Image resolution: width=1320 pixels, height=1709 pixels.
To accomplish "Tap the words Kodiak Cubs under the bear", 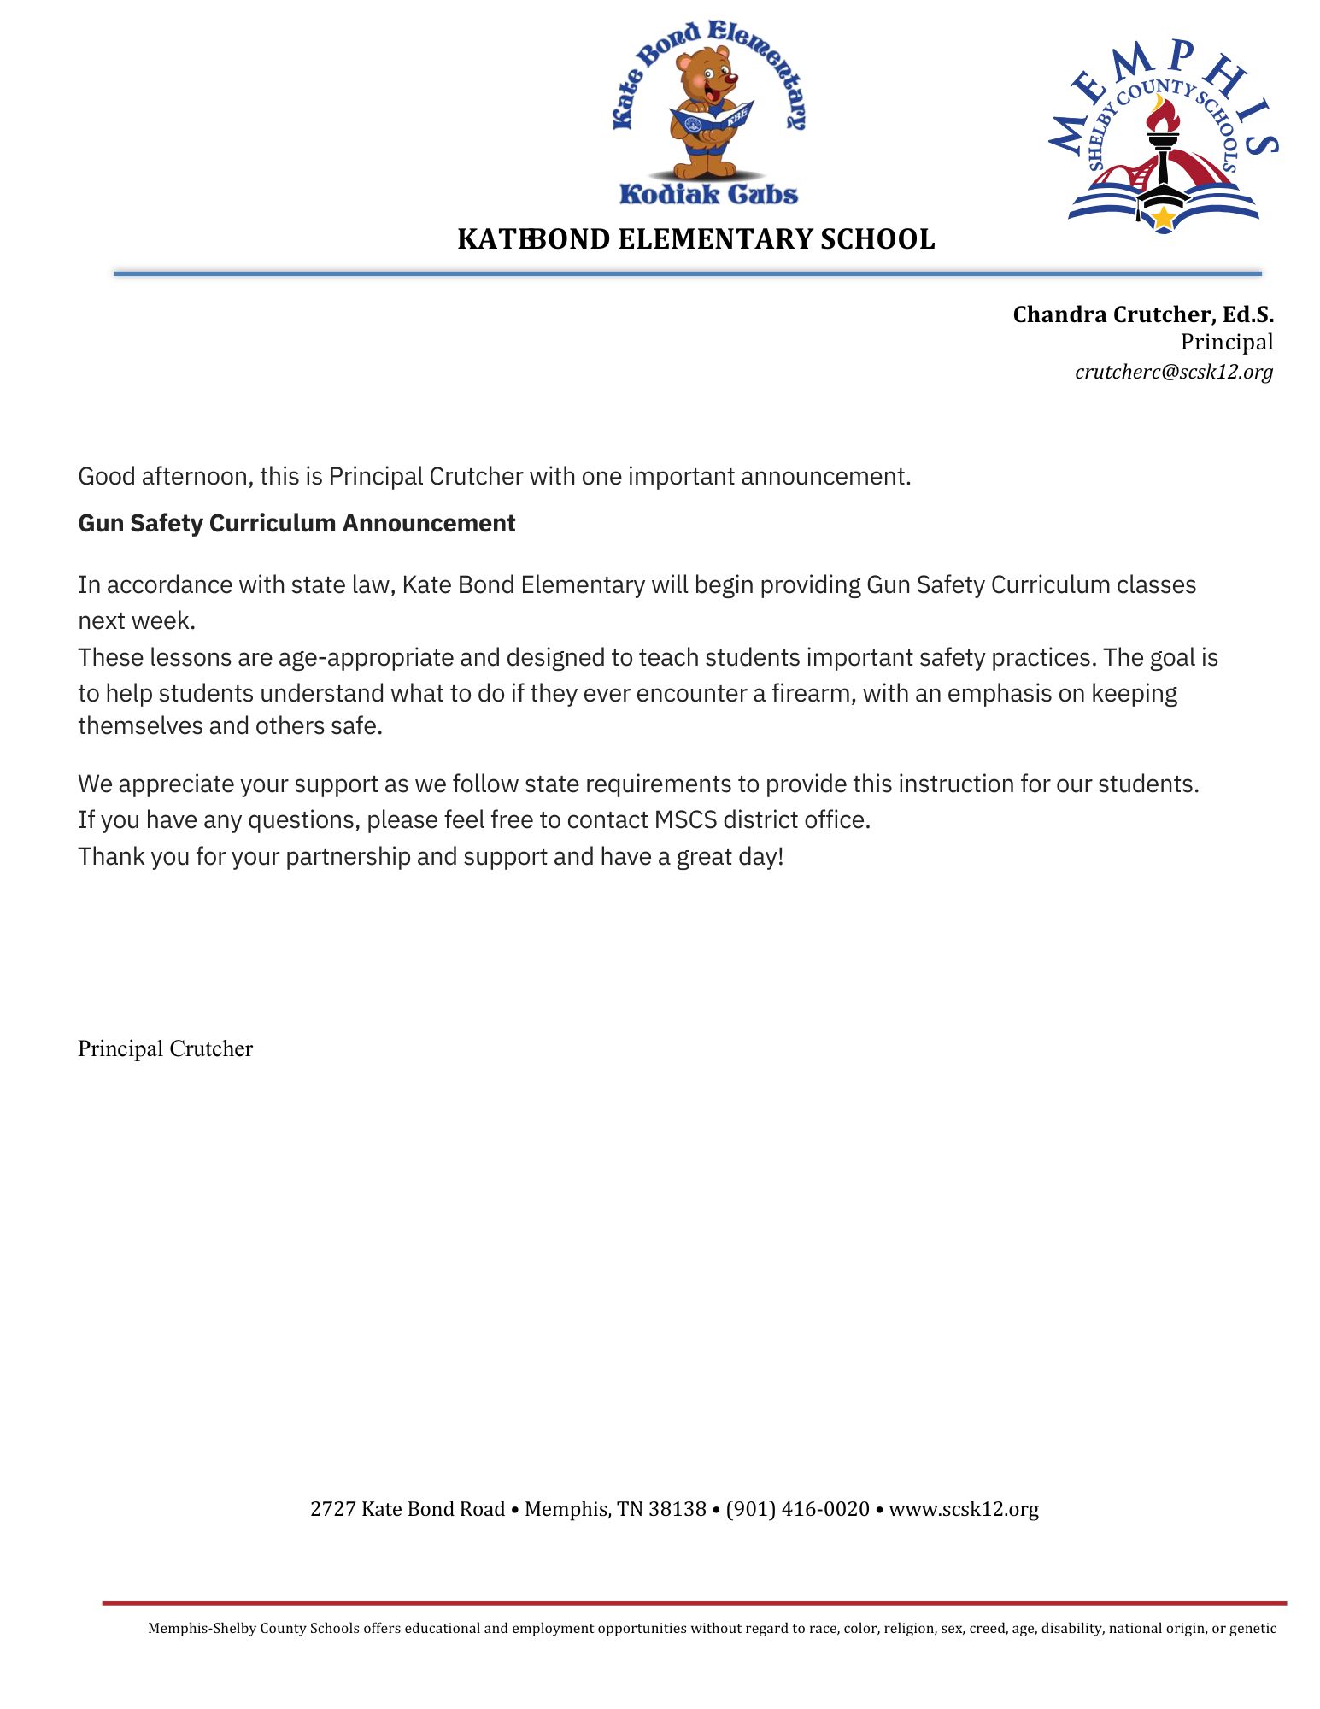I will click(x=708, y=194).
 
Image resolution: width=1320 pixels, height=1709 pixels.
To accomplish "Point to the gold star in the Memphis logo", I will click(x=1163, y=218).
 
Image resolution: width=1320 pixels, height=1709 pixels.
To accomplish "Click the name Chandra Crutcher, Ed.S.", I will click(x=1142, y=314).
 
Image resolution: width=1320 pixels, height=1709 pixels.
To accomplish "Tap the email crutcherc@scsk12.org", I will click(x=1173, y=372).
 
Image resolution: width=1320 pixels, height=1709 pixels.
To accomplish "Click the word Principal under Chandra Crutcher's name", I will click(x=1226, y=343).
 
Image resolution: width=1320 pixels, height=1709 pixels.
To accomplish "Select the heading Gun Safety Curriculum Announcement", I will click(x=296, y=523).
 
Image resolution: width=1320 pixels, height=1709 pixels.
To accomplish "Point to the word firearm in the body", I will click(x=813, y=693).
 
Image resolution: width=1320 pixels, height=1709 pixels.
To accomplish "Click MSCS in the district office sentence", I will click(x=685, y=819).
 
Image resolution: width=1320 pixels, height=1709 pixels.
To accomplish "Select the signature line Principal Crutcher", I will click(x=165, y=1048).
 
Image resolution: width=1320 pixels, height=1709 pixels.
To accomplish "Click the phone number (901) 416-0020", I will click(x=797, y=1509).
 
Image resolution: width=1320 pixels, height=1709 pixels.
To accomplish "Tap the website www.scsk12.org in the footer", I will click(x=964, y=1509).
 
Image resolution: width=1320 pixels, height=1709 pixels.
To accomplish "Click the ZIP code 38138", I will click(x=678, y=1509).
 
